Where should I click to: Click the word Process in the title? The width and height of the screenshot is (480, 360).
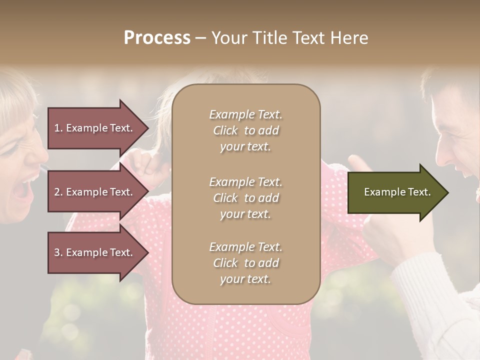tap(157, 38)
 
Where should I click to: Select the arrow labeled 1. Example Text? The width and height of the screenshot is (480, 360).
tap(95, 128)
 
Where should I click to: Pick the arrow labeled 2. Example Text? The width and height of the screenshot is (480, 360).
tap(95, 192)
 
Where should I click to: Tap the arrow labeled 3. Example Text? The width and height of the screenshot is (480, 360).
tap(95, 253)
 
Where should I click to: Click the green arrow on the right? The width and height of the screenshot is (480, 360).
tap(395, 192)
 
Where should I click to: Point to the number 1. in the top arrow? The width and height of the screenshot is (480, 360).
tap(58, 128)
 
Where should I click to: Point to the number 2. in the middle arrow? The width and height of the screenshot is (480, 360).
tap(58, 192)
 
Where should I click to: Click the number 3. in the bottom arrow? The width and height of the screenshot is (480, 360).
tap(58, 253)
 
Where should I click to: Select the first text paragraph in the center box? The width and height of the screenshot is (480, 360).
tap(245, 130)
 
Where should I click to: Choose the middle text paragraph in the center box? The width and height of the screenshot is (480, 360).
tap(245, 198)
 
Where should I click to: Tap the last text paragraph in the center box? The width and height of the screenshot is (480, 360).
tap(245, 263)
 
